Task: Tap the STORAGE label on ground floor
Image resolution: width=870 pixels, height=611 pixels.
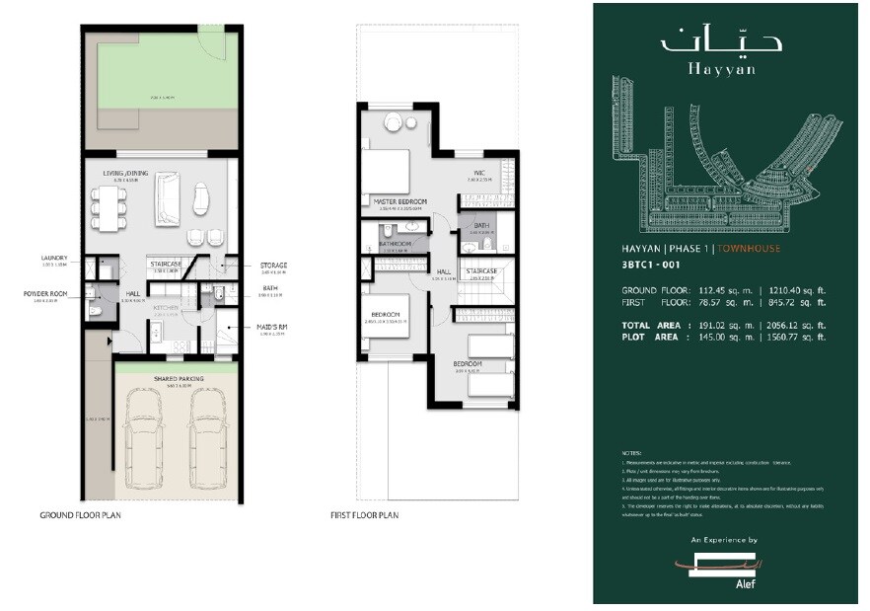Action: [x=275, y=266]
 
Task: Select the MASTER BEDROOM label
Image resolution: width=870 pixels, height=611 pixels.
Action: [x=399, y=201]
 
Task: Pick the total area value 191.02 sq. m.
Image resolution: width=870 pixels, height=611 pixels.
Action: [x=723, y=325]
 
